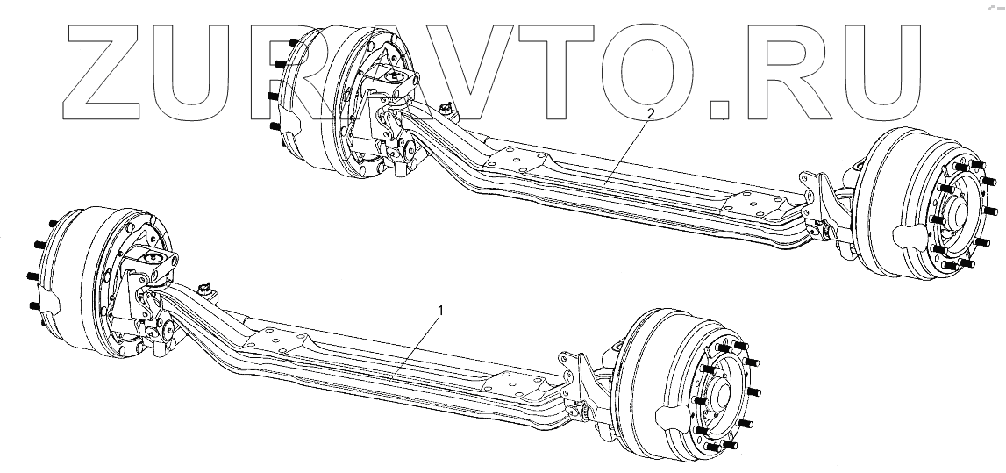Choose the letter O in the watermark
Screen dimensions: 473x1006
tap(658, 68)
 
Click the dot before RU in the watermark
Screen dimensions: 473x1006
tap(719, 109)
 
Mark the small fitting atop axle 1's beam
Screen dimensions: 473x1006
tap(208, 290)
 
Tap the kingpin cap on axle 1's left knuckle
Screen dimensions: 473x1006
tap(152, 259)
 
